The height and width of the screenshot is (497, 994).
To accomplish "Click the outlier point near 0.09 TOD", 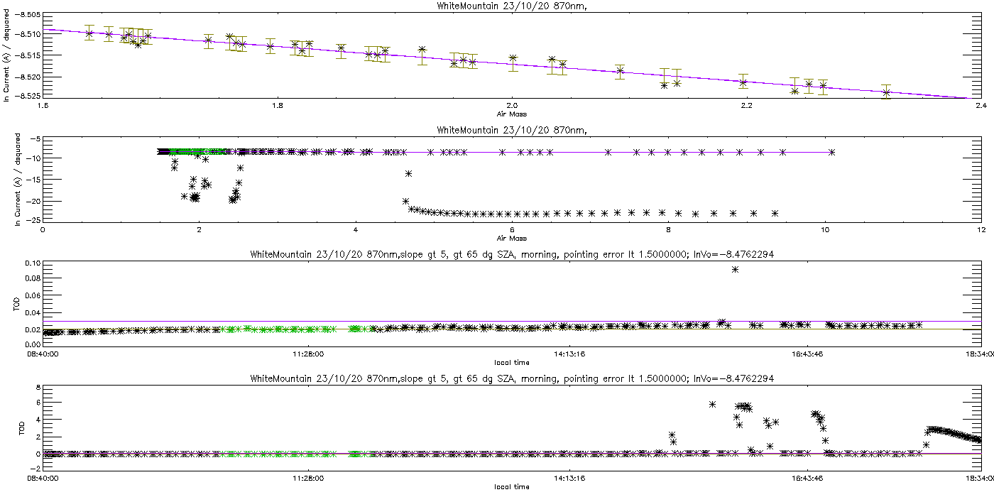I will tap(736, 269).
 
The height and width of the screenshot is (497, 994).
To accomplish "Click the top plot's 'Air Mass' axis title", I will tap(511, 112).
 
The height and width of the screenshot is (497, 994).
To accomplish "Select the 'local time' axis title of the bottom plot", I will tap(511, 486).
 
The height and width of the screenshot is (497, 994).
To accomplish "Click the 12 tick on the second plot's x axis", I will tap(981, 230).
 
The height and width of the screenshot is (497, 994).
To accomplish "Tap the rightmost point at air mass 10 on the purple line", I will tap(831, 152).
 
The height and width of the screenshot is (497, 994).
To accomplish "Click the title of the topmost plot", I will tap(510, 6).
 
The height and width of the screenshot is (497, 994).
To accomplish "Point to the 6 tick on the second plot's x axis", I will tap(511, 230).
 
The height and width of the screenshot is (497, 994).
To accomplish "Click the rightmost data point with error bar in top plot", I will tap(886, 92).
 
